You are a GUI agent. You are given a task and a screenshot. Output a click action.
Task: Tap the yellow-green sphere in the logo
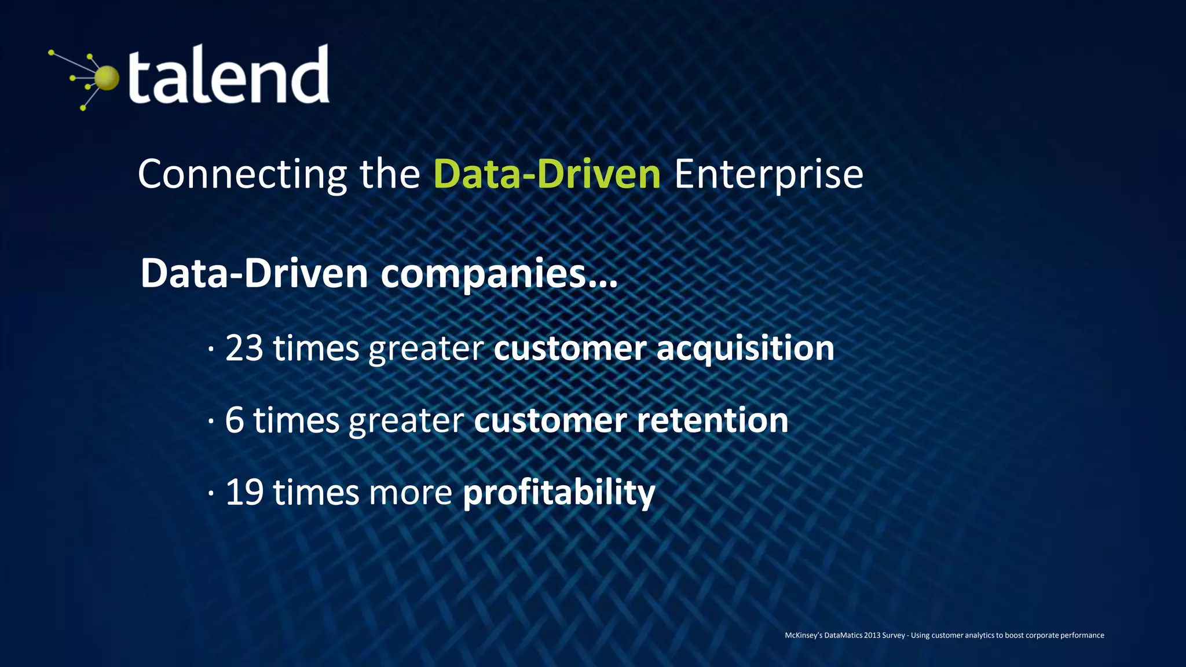(x=107, y=78)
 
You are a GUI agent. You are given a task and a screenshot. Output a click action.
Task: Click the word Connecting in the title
(x=242, y=174)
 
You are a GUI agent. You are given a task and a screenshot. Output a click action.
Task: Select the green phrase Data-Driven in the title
(x=547, y=174)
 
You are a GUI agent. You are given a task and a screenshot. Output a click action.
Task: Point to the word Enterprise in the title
(x=768, y=174)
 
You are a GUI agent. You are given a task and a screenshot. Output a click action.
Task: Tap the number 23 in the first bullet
(x=244, y=349)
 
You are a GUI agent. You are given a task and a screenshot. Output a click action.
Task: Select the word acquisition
(x=745, y=349)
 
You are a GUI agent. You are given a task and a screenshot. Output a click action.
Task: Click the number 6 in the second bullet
(x=234, y=420)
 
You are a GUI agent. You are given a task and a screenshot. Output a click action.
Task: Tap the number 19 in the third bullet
(x=244, y=493)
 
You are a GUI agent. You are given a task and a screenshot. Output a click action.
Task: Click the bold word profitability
(x=559, y=493)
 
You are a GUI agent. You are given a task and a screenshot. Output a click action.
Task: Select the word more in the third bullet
(x=410, y=493)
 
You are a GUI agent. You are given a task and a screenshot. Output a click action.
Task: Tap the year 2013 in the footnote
(x=872, y=635)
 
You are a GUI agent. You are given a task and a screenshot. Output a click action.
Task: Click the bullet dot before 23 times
(x=211, y=349)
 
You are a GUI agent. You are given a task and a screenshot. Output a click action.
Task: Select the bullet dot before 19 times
(x=211, y=493)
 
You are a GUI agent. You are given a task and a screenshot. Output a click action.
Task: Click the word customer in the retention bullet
(x=550, y=420)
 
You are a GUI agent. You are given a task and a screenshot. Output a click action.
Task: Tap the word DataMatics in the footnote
(x=843, y=635)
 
